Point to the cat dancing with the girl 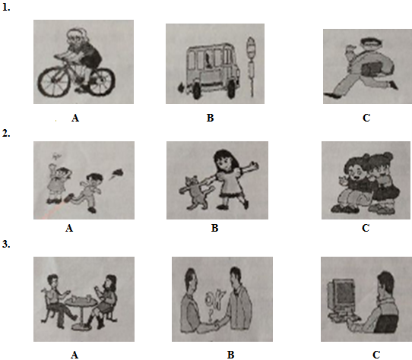[x=196, y=192]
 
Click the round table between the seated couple [x=81, y=310]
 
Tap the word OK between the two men [x=215, y=299]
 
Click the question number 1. [x=6, y=8]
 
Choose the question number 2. [x=6, y=134]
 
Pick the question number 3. [x=6, y=245]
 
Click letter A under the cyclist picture [x=75, y=118]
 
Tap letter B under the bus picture [x=210, y=118]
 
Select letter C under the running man [x=366, y=118]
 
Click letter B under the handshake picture [x=230, y=355]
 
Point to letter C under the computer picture [x=376, y=355]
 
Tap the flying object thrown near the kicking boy [x=117, y=173]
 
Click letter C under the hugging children [x=366, y=228]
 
